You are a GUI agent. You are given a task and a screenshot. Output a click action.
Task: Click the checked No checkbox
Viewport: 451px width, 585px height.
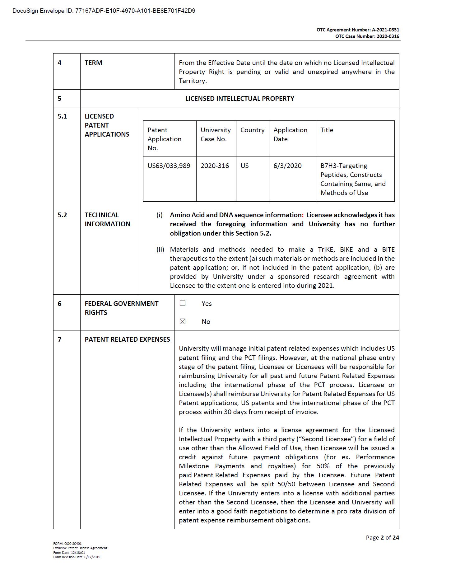183,321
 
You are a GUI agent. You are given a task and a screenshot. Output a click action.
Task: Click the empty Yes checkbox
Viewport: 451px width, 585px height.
183,303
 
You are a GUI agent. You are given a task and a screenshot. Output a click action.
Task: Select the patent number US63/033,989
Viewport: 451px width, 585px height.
169,166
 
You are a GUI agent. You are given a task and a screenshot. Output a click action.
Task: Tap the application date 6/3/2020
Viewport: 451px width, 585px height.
287,166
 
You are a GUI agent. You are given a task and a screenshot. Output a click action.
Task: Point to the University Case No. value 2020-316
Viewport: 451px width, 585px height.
215,166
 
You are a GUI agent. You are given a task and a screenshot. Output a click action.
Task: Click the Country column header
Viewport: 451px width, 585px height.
252,130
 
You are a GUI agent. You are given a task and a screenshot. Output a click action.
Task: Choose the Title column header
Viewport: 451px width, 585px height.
327,130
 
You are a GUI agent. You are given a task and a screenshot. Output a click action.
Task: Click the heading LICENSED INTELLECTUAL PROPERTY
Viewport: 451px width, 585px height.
239,99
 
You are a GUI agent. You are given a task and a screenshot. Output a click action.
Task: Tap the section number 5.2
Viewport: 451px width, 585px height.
62,215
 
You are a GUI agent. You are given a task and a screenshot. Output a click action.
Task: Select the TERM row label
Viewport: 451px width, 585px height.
93,63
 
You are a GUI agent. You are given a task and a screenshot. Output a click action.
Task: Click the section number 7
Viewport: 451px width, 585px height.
59,339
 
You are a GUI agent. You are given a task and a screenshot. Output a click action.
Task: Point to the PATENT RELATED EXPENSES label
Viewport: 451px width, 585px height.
127,339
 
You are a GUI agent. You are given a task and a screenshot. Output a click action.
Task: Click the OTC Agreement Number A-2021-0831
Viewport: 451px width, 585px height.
385,30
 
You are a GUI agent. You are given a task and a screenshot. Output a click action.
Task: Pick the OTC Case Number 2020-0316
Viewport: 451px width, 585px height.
388,36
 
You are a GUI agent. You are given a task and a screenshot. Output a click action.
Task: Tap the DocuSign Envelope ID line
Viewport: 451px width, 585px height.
104,11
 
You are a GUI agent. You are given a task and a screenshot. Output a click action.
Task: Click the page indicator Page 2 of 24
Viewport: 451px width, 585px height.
382,537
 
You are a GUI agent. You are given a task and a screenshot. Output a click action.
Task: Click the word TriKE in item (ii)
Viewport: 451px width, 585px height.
326,250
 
